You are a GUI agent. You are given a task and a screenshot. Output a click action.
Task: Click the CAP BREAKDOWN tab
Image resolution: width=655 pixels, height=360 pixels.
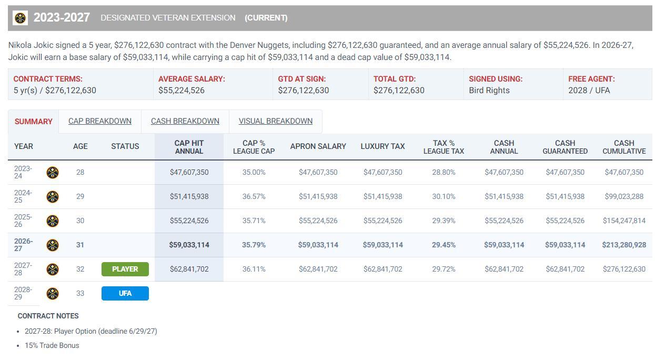click(100, 121)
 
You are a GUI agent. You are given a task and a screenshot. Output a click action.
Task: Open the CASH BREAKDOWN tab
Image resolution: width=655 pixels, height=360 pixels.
click(185, 121)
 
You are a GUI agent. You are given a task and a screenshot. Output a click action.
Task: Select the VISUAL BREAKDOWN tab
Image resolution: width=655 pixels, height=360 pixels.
click(276, 121)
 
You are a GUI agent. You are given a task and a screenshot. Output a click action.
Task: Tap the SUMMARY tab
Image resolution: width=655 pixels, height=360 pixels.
click(33, 122)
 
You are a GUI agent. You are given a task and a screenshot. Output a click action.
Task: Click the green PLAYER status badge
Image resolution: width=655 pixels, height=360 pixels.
click(125, 269)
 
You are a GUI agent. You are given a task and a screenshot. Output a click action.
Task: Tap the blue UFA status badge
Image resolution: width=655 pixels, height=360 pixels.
click(125, 293)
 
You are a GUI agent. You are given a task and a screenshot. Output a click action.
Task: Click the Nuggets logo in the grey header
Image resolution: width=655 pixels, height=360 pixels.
click(20, 18)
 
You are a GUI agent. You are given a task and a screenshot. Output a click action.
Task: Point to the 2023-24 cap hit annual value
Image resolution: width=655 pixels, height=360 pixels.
click(189, 172)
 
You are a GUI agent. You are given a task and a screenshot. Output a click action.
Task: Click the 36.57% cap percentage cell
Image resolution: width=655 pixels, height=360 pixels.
click(254, 196)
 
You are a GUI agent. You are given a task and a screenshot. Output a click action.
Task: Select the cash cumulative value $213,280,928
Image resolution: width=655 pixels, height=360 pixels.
click(624, 245)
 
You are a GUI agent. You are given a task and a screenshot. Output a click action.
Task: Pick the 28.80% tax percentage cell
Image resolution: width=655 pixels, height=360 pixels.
click(444, 172)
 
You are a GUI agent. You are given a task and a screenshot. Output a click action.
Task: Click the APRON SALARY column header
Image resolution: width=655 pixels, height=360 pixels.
click(318, 146)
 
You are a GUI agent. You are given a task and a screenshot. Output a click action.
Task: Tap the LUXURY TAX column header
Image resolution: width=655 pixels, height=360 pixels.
click(383, 146)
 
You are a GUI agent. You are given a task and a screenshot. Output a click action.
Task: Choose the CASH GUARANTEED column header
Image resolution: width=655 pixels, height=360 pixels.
click(565, 147)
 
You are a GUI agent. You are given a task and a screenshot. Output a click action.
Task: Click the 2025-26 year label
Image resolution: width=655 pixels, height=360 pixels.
click(23, 221)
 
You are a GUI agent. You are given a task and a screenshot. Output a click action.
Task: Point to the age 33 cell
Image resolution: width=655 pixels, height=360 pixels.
click(80, 293)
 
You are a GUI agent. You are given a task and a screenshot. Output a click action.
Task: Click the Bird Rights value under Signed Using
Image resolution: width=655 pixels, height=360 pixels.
click(489, 91)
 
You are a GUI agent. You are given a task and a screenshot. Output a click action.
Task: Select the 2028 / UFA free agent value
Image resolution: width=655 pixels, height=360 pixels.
click(589, 91)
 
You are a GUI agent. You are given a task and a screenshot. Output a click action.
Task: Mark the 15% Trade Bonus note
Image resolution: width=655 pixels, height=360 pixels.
click(52, 345)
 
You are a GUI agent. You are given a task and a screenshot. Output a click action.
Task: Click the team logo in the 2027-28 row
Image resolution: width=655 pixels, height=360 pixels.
click(53, 269)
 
